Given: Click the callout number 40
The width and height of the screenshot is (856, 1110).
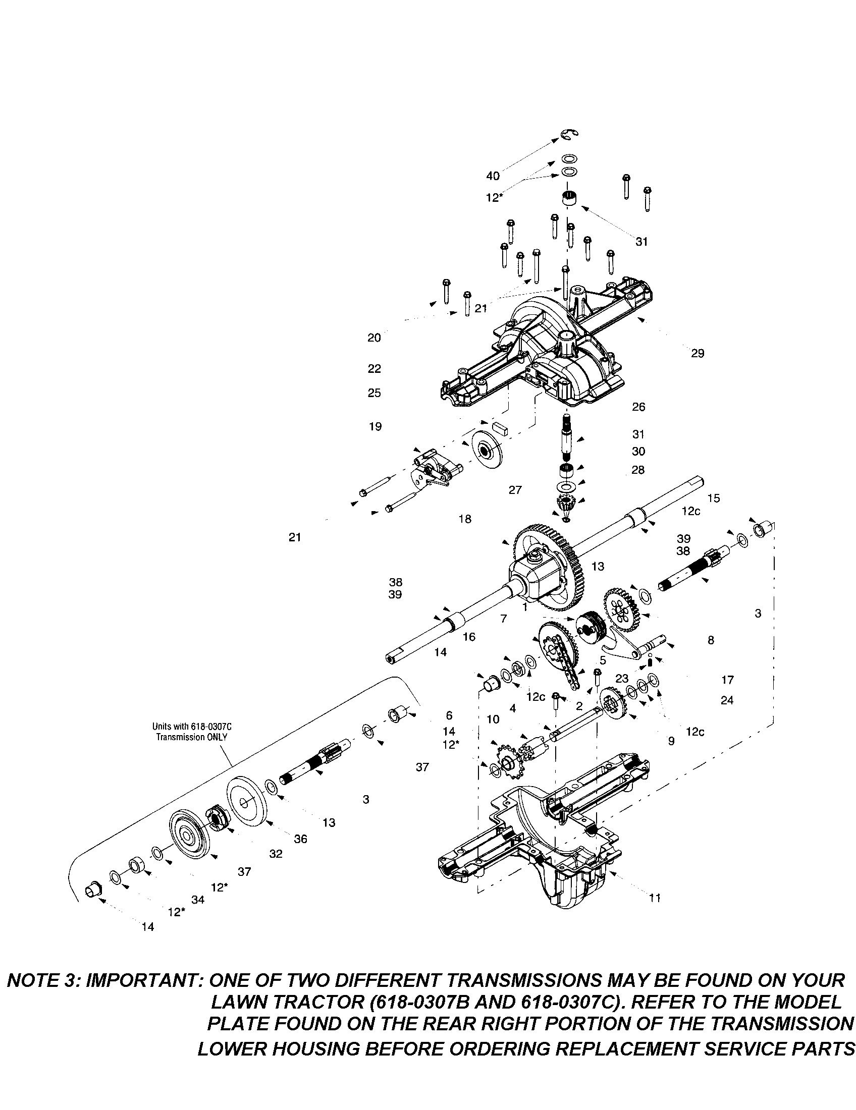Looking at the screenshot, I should [x=493, y=176].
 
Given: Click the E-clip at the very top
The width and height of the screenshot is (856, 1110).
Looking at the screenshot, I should [x=570, y=134].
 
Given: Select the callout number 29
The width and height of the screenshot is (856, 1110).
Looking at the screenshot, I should [x=698, y=353].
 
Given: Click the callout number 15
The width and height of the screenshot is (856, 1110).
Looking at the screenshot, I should [x=714, y=498].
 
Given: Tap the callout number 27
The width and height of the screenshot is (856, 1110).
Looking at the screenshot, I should [x=515, y=490].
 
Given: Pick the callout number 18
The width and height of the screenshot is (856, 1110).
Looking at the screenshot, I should [x=465, y=519].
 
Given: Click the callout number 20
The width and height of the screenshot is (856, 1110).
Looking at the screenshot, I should [x=374, y=338].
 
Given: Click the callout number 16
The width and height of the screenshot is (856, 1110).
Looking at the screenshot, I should [x=469, y=637].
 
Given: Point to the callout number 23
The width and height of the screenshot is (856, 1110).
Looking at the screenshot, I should [x=622, y=679].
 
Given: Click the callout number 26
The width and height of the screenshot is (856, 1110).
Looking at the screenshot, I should [x=638, y=407].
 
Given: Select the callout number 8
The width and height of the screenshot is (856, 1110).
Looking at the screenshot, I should [x=711, y=640].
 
